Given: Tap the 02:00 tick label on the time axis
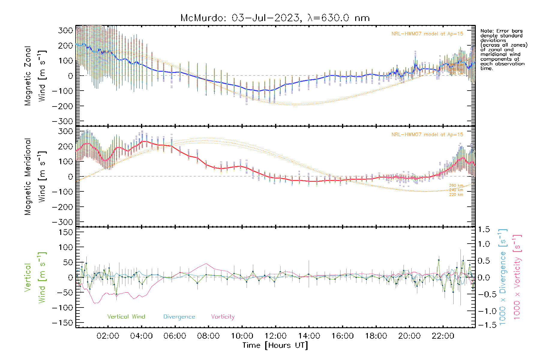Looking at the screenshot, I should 108,336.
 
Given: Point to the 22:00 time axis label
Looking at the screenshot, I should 443,336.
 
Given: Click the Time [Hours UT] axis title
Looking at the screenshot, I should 275,345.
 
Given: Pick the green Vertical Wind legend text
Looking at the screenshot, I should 126,316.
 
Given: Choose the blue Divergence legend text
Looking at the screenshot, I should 179,317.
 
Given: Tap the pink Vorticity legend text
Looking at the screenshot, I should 223,316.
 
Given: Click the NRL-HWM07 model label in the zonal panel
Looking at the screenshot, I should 427,34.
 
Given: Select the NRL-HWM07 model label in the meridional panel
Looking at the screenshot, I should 427,135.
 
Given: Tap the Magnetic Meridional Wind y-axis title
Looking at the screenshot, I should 35,176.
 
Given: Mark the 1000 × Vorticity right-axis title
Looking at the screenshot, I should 517,277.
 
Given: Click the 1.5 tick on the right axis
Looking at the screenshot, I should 484,229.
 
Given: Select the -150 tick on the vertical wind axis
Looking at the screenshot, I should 62,323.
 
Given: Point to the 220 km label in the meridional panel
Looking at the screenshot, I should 456,195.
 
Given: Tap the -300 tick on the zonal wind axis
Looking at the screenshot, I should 62,121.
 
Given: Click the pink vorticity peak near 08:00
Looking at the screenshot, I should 206,264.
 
